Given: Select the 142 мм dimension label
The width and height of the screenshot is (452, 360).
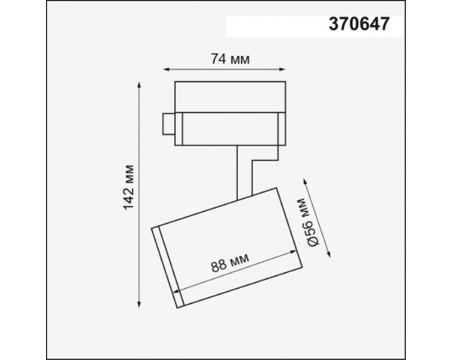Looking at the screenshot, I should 128,191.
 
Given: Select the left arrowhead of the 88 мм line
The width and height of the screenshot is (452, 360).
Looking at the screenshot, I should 182,280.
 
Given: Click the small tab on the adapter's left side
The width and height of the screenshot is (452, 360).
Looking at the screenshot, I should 169,124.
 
